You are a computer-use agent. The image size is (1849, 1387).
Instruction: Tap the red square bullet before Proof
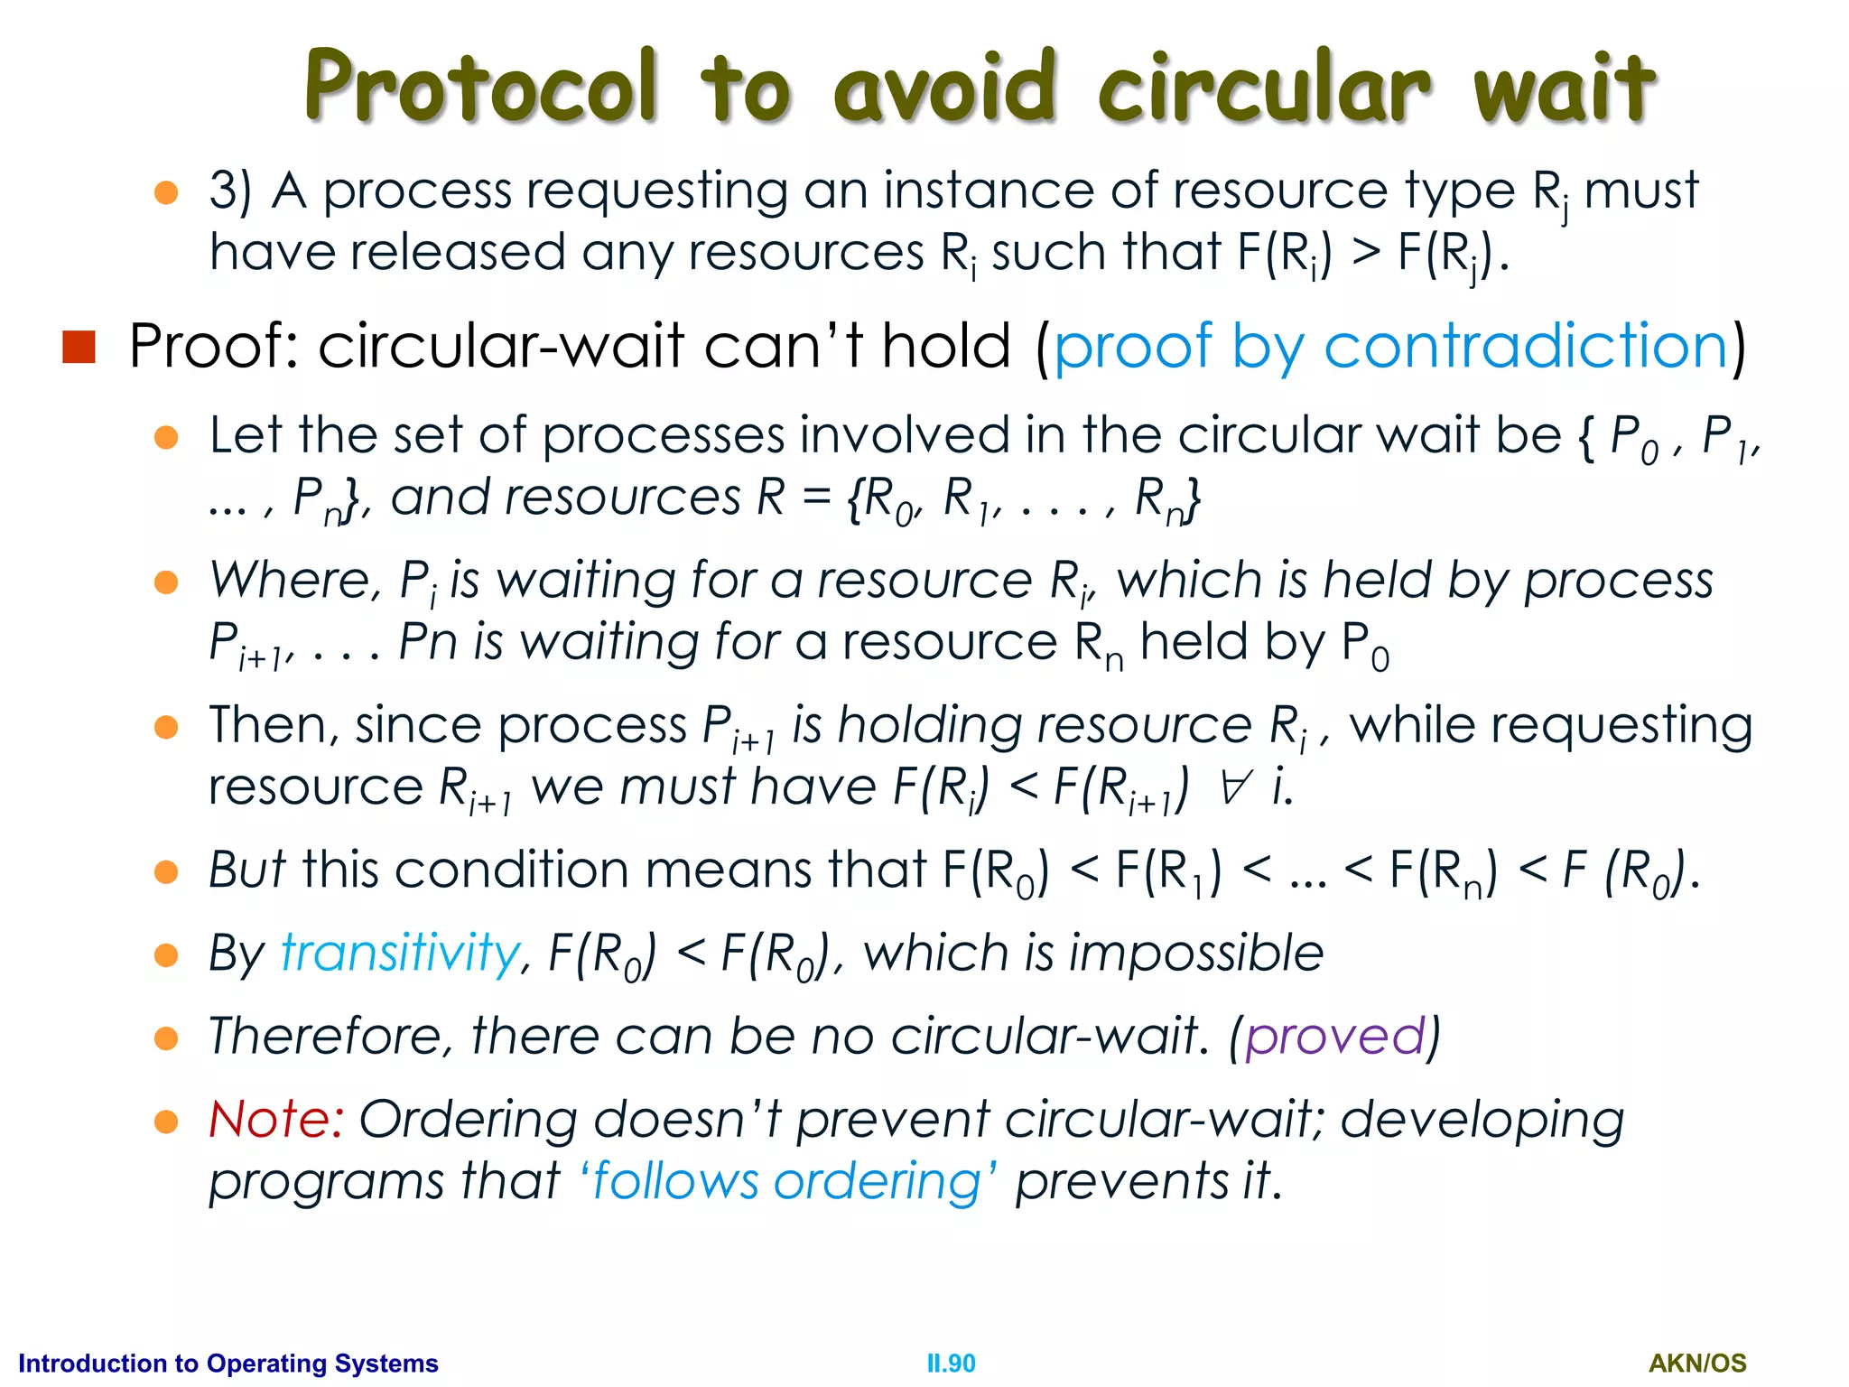(x=79, y=347)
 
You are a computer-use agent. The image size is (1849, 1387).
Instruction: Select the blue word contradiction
(x=1526, y=347)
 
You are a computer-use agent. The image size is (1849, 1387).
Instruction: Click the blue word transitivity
(x=400, y=954)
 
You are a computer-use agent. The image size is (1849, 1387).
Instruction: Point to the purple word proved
(x=1334, y=1037)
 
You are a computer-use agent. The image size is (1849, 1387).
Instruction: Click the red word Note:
(x=275, y=1120)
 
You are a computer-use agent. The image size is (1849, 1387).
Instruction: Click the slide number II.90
(x=951, y=1364)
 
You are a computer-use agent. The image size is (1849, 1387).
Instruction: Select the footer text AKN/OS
(x=1697, y=1364)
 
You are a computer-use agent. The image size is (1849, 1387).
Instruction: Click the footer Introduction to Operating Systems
(x=228, y=1364)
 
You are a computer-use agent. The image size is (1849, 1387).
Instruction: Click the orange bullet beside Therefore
(x=166, y=1038)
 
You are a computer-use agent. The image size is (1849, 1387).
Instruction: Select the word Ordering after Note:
(x=468, y=1120)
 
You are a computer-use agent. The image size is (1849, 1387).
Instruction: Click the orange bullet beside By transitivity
(x=166, y=955)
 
